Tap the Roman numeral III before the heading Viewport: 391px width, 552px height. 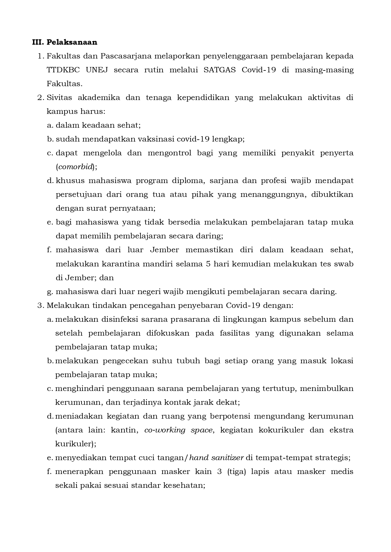37,42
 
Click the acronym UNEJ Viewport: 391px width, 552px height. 97,70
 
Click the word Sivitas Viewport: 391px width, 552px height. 59,98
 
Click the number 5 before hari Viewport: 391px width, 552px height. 208,264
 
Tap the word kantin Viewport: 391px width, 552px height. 124,430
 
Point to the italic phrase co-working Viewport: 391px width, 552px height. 165,430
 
